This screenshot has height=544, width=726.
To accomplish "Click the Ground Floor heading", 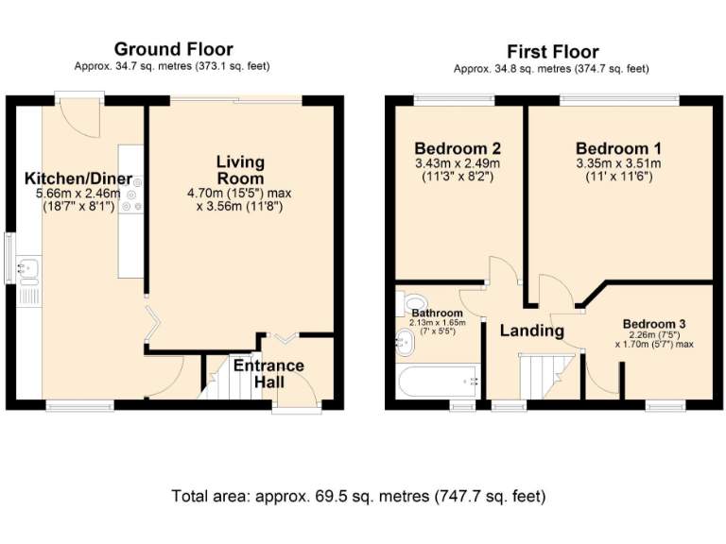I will pos(173,49).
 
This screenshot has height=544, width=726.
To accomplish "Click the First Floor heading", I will pos(552,51).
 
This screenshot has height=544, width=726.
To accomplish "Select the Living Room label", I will pos(239,169).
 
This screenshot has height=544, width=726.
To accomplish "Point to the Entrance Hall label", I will pos(268,374).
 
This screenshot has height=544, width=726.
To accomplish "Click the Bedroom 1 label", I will pos(618,148).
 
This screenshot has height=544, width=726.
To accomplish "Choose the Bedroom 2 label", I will pos(458,148).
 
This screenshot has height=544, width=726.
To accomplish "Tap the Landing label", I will pos(531,331).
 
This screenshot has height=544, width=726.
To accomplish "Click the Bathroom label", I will pos(437,313).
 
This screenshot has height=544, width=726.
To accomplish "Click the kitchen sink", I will pos(28,269).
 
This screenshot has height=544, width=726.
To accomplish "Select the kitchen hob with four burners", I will pos(130,194).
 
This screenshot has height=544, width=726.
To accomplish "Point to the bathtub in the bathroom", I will pos(441,382).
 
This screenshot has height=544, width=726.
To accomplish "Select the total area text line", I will pos(358,496).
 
